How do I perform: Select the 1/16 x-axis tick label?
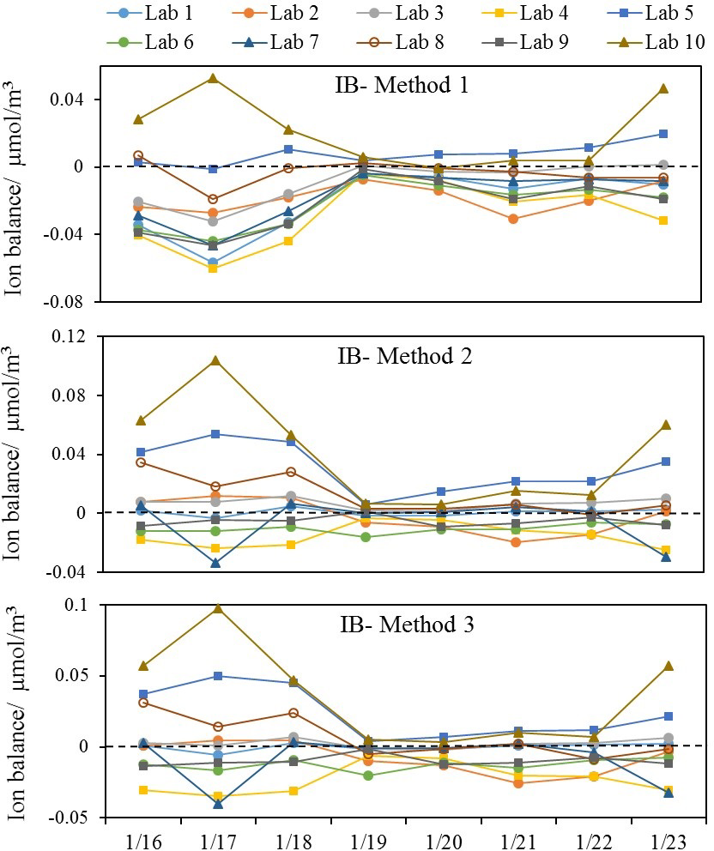(x=139, y=834)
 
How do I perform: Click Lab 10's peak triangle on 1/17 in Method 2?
(x=214, y=360)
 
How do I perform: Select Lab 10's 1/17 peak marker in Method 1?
(x=214, y=79)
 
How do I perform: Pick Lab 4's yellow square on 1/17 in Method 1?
(x=214, y=268)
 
